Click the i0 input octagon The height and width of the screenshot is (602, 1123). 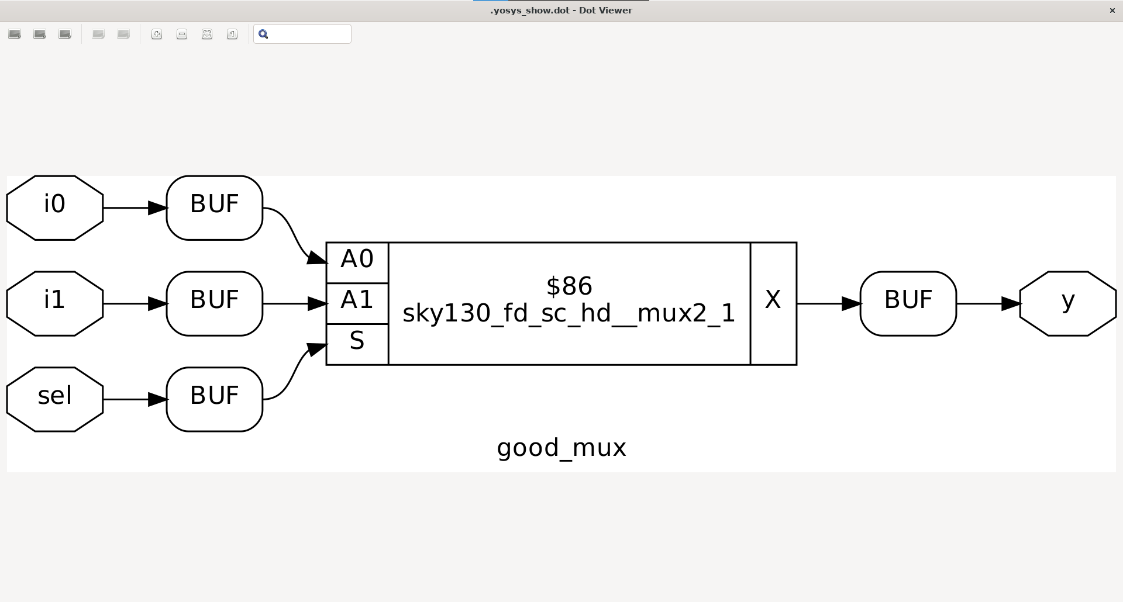point(54,207)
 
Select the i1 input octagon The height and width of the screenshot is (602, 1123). point(54,303)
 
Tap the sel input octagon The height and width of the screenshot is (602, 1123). point(54,399)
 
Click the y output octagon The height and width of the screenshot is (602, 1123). point(1067,303)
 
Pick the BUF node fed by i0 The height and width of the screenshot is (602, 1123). point(214,207)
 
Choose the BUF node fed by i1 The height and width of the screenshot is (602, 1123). point(214,303)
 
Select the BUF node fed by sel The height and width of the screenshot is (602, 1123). point(214,399)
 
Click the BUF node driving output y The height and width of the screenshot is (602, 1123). point(908,303)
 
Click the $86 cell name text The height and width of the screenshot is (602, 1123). point(569,286)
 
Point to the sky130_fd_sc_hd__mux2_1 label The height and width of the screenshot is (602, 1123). point(569,314)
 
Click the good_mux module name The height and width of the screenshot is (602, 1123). point(561,448)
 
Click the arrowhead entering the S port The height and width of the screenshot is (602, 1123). point(316,349)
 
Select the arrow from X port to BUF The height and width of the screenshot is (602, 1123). point(828,303)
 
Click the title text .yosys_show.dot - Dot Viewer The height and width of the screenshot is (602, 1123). point(561,11)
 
